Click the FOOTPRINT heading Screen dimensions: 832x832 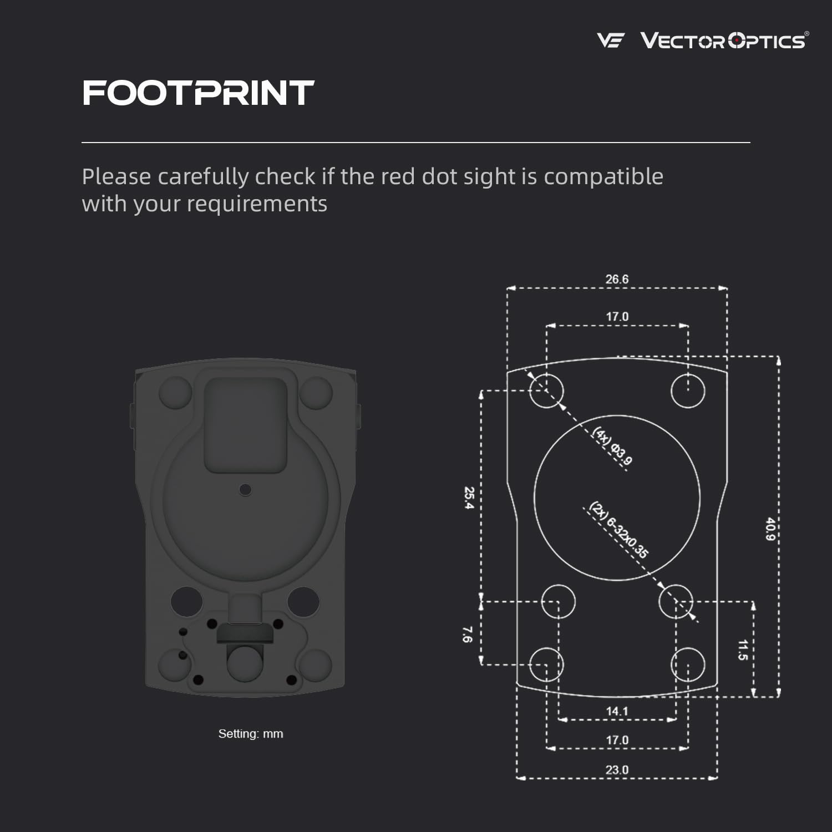[198, 93]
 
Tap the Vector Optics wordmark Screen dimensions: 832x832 [723, 40]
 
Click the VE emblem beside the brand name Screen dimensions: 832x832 [610, 40]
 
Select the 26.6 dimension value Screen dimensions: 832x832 [617, 279]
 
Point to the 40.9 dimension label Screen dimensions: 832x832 [770, 530]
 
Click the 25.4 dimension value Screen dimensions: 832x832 [469, 498]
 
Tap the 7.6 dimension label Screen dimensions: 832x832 [467, 635]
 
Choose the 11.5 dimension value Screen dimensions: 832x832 [743, 650]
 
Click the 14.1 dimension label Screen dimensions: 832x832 [617, 711]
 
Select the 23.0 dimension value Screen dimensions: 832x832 [617, 770]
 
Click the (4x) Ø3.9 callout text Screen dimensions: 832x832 [612, 446]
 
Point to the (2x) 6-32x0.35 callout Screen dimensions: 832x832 [618, 530]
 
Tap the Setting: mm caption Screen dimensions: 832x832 [251, 734]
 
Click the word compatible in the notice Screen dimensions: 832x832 [603, 177]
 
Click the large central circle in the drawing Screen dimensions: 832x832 [617, 498]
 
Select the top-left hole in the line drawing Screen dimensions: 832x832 [546, 390]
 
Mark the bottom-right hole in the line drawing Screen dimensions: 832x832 [688, 664]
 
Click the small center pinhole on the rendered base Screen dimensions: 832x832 [245, 490]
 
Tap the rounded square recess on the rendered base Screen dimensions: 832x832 [246, 424]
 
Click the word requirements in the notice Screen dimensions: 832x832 [257, 204]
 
